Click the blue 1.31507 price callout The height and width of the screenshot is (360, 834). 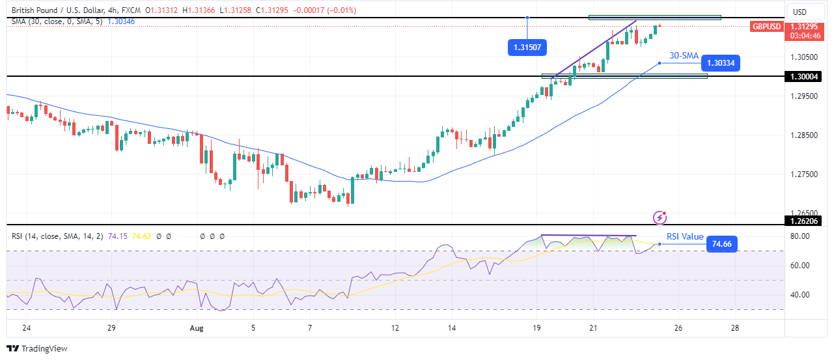pos(526,47)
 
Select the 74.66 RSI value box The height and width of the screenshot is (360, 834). pos(721,245)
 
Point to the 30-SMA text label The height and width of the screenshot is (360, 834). pos(684,56)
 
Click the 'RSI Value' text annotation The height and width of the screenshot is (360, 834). pos(685,237)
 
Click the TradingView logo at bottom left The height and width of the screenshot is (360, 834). pos(37,349)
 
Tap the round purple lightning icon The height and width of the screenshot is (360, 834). pos(661,216)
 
